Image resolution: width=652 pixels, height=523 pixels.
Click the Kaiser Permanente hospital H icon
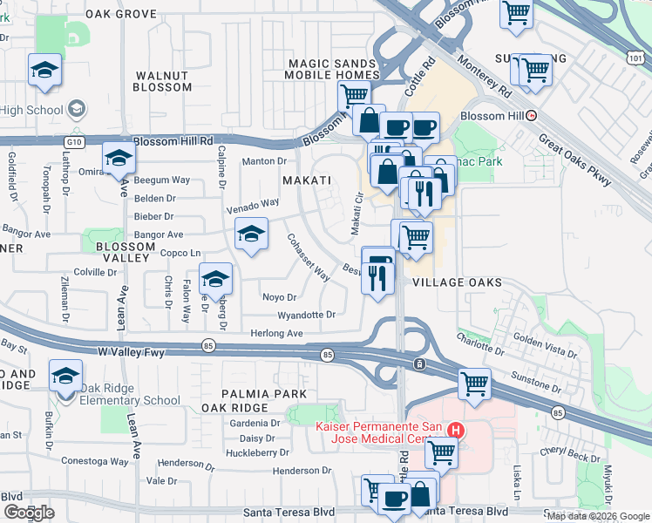coord(453,430)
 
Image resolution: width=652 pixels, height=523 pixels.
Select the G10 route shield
coord(73,140)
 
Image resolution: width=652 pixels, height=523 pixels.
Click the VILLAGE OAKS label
coord(457,282)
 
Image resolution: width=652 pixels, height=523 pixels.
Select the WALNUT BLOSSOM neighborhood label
coord(163,81)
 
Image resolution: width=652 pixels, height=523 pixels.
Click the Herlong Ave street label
coord(277,333)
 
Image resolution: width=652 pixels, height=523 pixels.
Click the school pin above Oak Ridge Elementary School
coord(65,377)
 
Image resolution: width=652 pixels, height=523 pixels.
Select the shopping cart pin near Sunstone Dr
coord(474,383)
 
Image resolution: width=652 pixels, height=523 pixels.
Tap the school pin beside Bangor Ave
coord(251,234)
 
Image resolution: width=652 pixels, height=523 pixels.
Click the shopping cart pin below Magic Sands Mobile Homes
coord(353,96)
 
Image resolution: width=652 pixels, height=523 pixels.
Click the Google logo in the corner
coord(29,513)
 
